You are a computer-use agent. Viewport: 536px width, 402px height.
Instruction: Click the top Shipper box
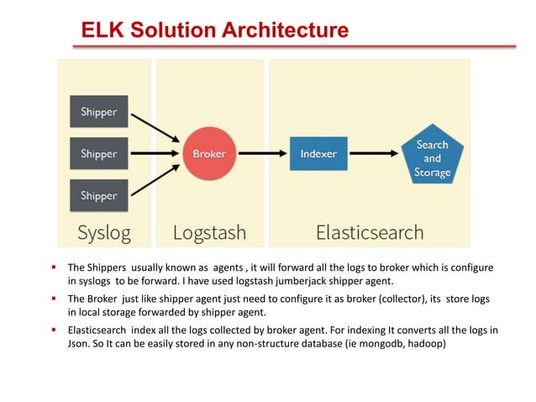click(x=99, y=111)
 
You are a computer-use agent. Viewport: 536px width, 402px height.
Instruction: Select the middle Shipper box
click(x=99, y=154)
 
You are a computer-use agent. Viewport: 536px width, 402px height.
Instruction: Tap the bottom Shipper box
click(x=99, y=196)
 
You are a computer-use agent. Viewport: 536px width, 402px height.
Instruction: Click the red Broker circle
click(x=209, y=154)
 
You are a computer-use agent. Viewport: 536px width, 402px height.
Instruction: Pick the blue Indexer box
click(x=318, y=154)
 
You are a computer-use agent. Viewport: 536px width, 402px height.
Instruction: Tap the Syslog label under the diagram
click(x=104, y=232)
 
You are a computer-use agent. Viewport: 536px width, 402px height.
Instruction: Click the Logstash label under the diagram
click(x=210, y=232)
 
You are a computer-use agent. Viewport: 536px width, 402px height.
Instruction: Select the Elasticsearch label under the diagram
click(x=370, y=232)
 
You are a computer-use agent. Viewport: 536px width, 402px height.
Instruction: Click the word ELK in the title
click(x=102, y=31)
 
